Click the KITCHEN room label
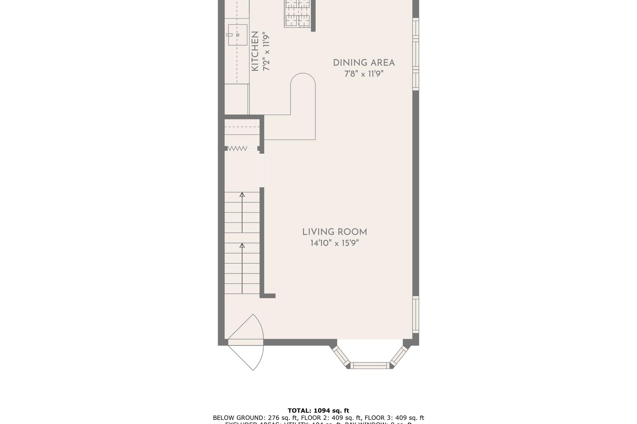click(x=255, y=51)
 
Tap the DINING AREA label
click(x=364, y=63)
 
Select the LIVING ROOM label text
click(x=335, y=232)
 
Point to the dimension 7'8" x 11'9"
click(x=364, y=74)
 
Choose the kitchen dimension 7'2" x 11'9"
click(x=266, y=51)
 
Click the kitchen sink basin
click(x=238, y=35)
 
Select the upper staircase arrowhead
click(x=242, y=195)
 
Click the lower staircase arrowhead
click(x=242, y=246)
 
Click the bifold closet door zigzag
click(x=237, y=149)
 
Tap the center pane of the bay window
click(x=370, y=366)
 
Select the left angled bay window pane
click(x=342, y=356)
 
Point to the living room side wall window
click(x=416, y=314)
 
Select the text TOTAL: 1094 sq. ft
click(x=318, y=411)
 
